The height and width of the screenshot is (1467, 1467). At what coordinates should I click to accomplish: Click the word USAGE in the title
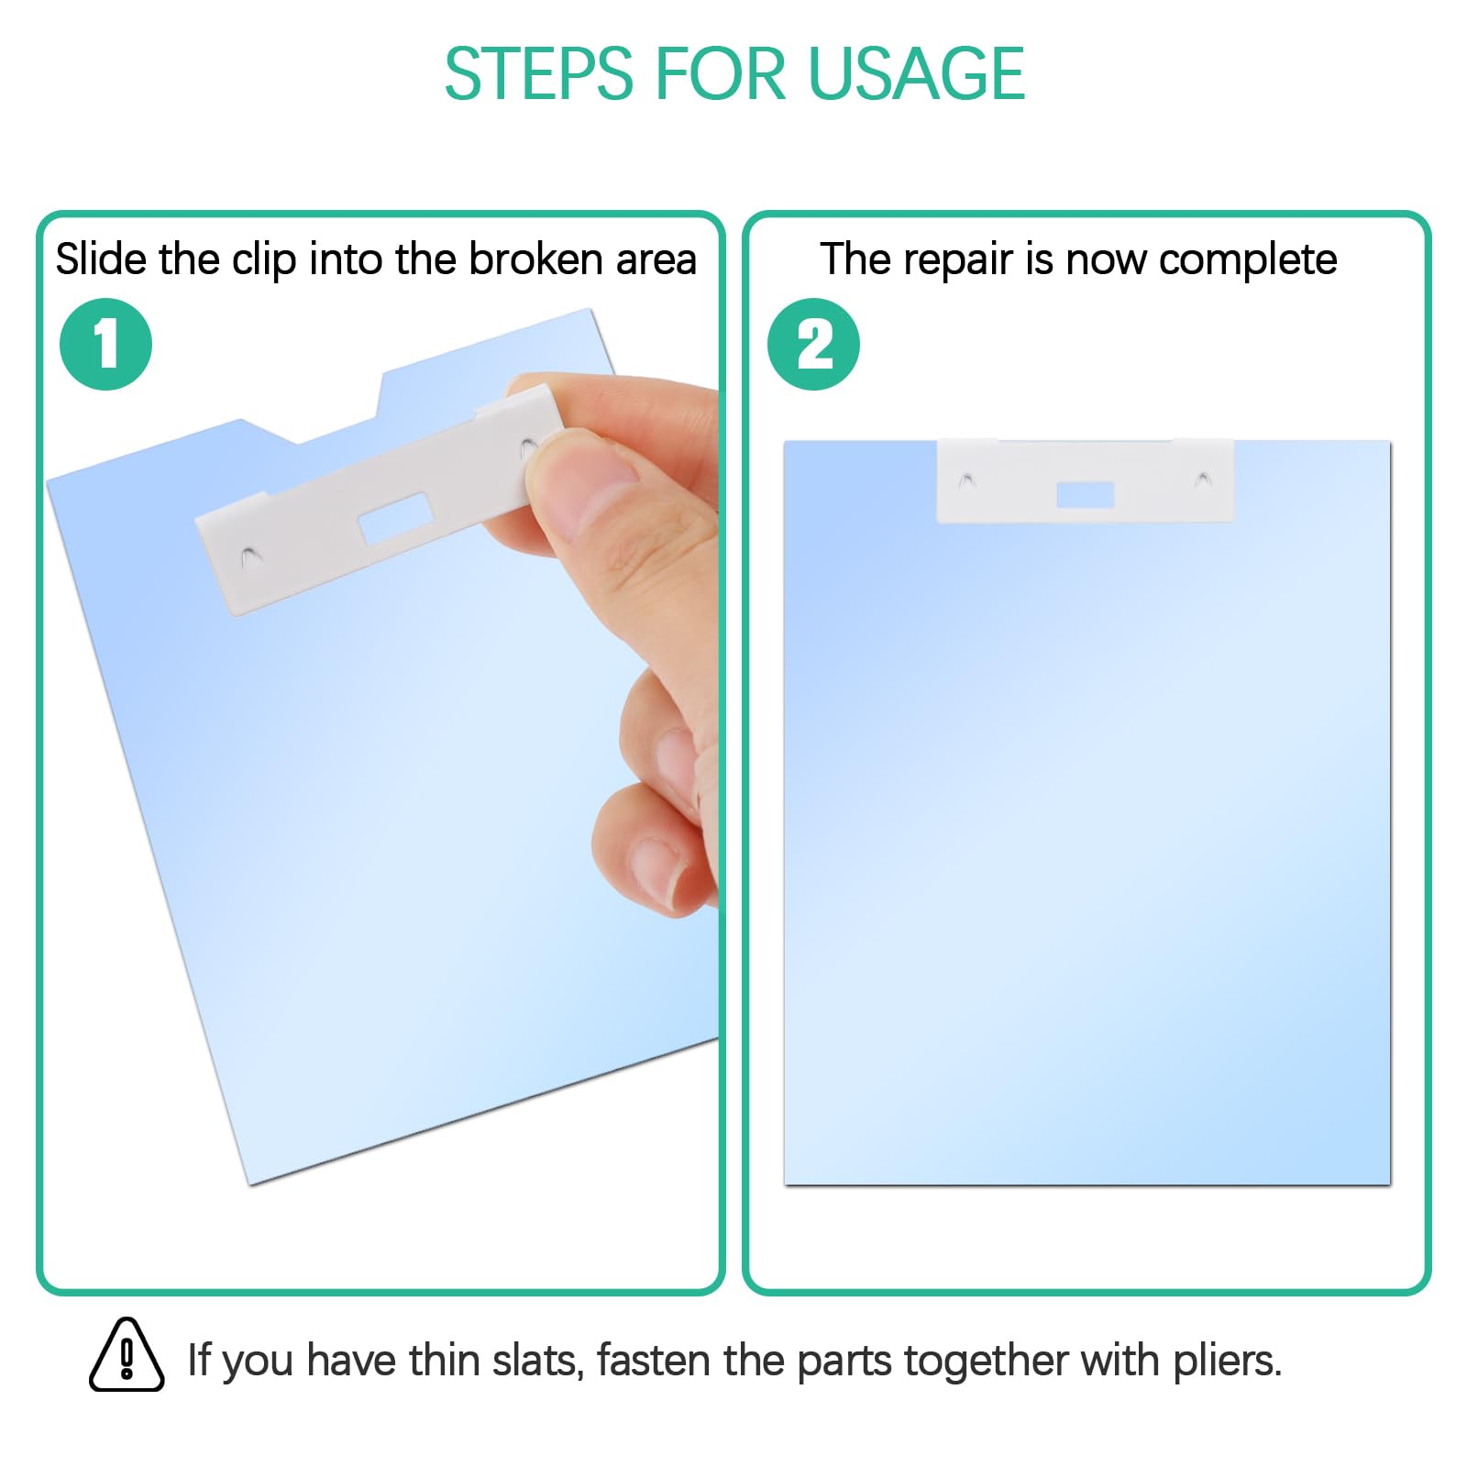(x=916, y=73)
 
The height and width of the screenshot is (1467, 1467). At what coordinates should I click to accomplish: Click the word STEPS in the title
(x=539, y=73)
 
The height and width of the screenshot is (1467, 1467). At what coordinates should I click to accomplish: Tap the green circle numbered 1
(x=105, y=344)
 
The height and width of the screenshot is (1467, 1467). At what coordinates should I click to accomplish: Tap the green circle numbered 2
(x=813, y=344)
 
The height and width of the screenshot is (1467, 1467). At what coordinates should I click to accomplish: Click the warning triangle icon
(x=127, y=1355)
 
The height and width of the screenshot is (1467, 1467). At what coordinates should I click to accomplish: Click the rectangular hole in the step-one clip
(x=394, y=517)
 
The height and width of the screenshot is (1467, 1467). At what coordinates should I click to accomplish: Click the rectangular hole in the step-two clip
(x=1085, y=495)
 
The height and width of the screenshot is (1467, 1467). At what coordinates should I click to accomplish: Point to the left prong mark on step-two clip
(x=966, y=480)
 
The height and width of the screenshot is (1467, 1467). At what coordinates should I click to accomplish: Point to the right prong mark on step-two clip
(x=1203, y=480)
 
